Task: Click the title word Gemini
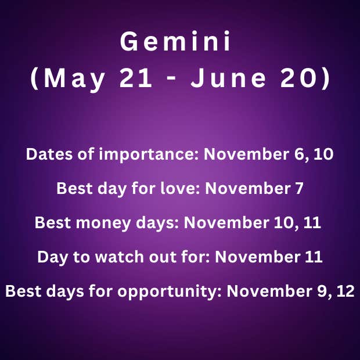coord(175,41)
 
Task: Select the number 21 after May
coord(136,78)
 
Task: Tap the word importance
coord(149,155)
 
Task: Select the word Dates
coord(49,154)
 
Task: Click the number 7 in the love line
coord(299,189)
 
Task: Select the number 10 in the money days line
coord(284,223)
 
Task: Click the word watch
coord(120,257)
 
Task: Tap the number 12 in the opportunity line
coord(345,291)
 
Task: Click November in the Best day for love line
coord(247,188)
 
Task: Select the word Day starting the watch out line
coord(53,258)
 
